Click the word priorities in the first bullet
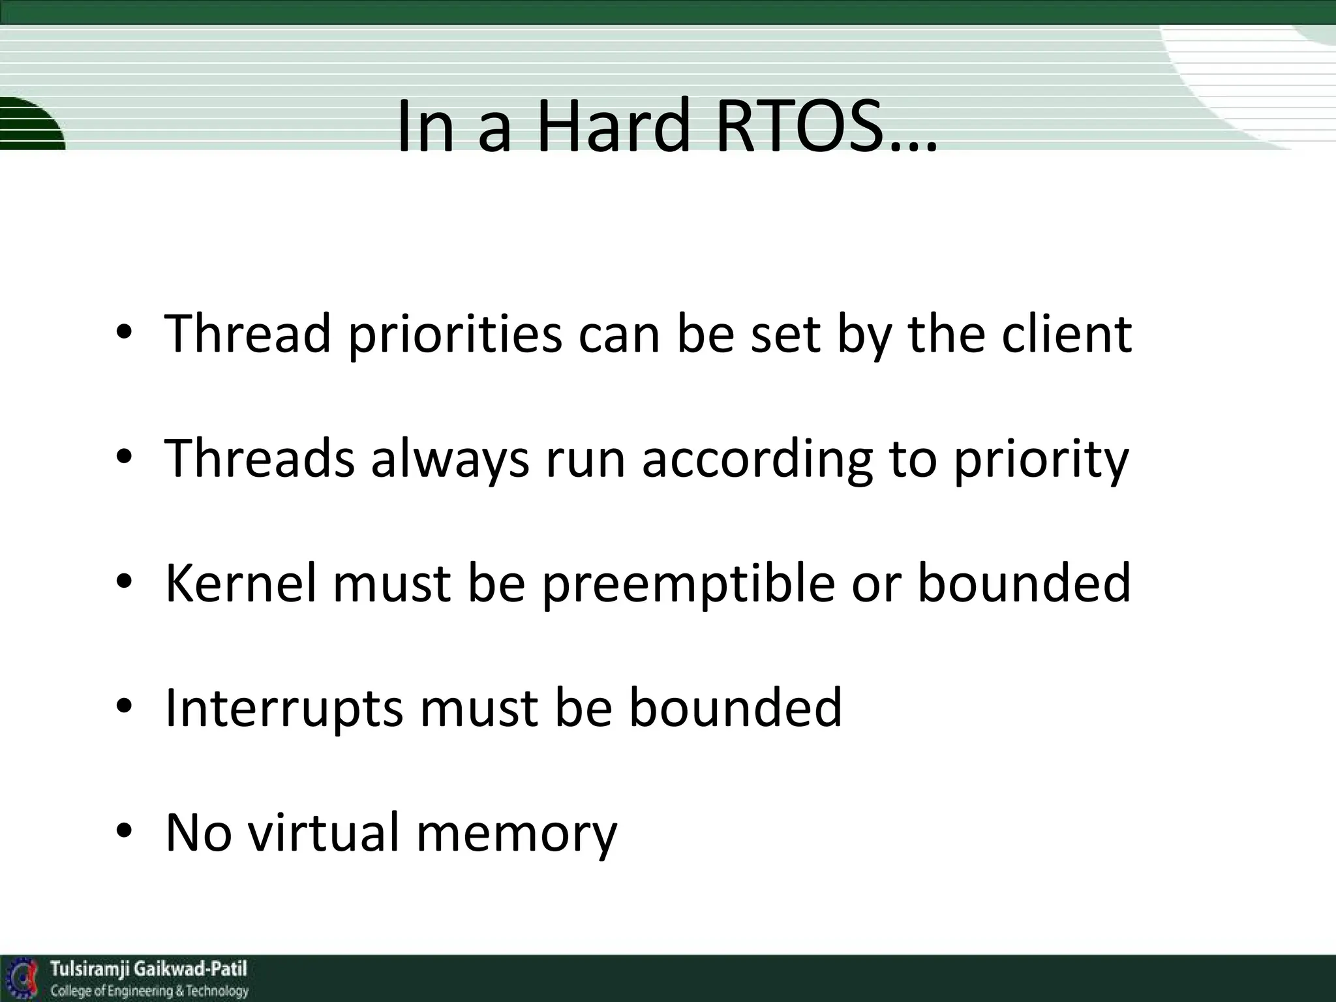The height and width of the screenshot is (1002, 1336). tap(455, 334)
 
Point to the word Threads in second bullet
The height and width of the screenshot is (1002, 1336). tap(260, 459)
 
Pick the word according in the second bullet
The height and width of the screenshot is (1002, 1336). tap(757, 459)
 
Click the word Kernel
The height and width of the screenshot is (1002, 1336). tap(241, 583)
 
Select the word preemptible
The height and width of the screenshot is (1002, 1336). tap(688, 583)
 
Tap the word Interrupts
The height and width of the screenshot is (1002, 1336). tap(284, 708)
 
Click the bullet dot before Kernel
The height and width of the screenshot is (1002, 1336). tap(125, 582)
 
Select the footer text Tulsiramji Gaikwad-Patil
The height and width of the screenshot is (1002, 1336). tap(149, 969)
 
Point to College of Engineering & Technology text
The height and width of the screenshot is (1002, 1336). tap(149, 991)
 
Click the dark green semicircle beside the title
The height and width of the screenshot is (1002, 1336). tap(29, 124)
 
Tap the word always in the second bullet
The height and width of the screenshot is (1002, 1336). tap(450, 459)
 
